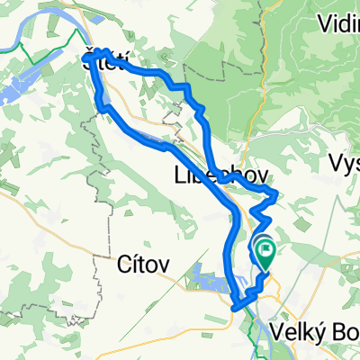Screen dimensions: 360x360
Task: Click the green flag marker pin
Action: [266, 252]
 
